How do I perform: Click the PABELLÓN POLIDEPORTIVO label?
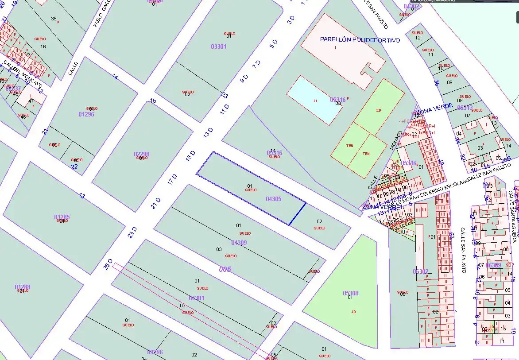360,40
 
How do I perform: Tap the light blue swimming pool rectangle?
314,101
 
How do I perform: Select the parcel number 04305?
273,199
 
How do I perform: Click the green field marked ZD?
379,110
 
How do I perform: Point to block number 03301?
218,46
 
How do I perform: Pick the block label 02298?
141,154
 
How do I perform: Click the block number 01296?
86,114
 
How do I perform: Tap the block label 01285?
62,217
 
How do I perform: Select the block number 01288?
23,287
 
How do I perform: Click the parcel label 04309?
239,243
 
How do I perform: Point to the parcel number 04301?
196,298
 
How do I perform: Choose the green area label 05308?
351,293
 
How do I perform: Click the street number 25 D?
108,264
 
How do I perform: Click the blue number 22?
74,166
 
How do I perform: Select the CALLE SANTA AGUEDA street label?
514,217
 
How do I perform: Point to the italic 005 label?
225,269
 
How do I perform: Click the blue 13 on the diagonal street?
82,196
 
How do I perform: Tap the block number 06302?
420,271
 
